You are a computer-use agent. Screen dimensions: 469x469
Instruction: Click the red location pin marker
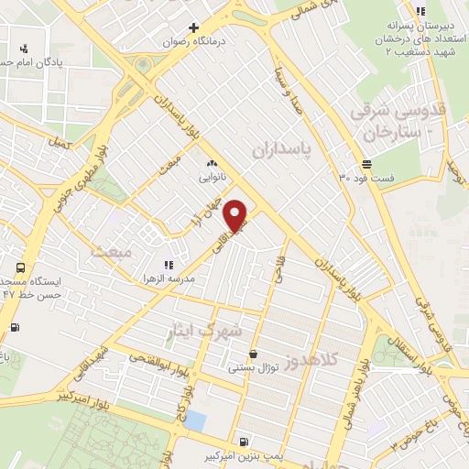[237, 214]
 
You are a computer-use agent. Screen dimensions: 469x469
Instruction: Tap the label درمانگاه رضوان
[193, 42]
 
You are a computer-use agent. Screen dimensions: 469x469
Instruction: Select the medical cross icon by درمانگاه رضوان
[193, 27]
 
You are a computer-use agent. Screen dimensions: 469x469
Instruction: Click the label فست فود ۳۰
[366, 177]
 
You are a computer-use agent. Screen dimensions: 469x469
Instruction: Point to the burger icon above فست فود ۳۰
[366, 163]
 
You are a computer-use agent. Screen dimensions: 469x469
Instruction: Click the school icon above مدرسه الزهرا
[167, 264]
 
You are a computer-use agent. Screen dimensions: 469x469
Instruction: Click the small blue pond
[195, 420]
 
